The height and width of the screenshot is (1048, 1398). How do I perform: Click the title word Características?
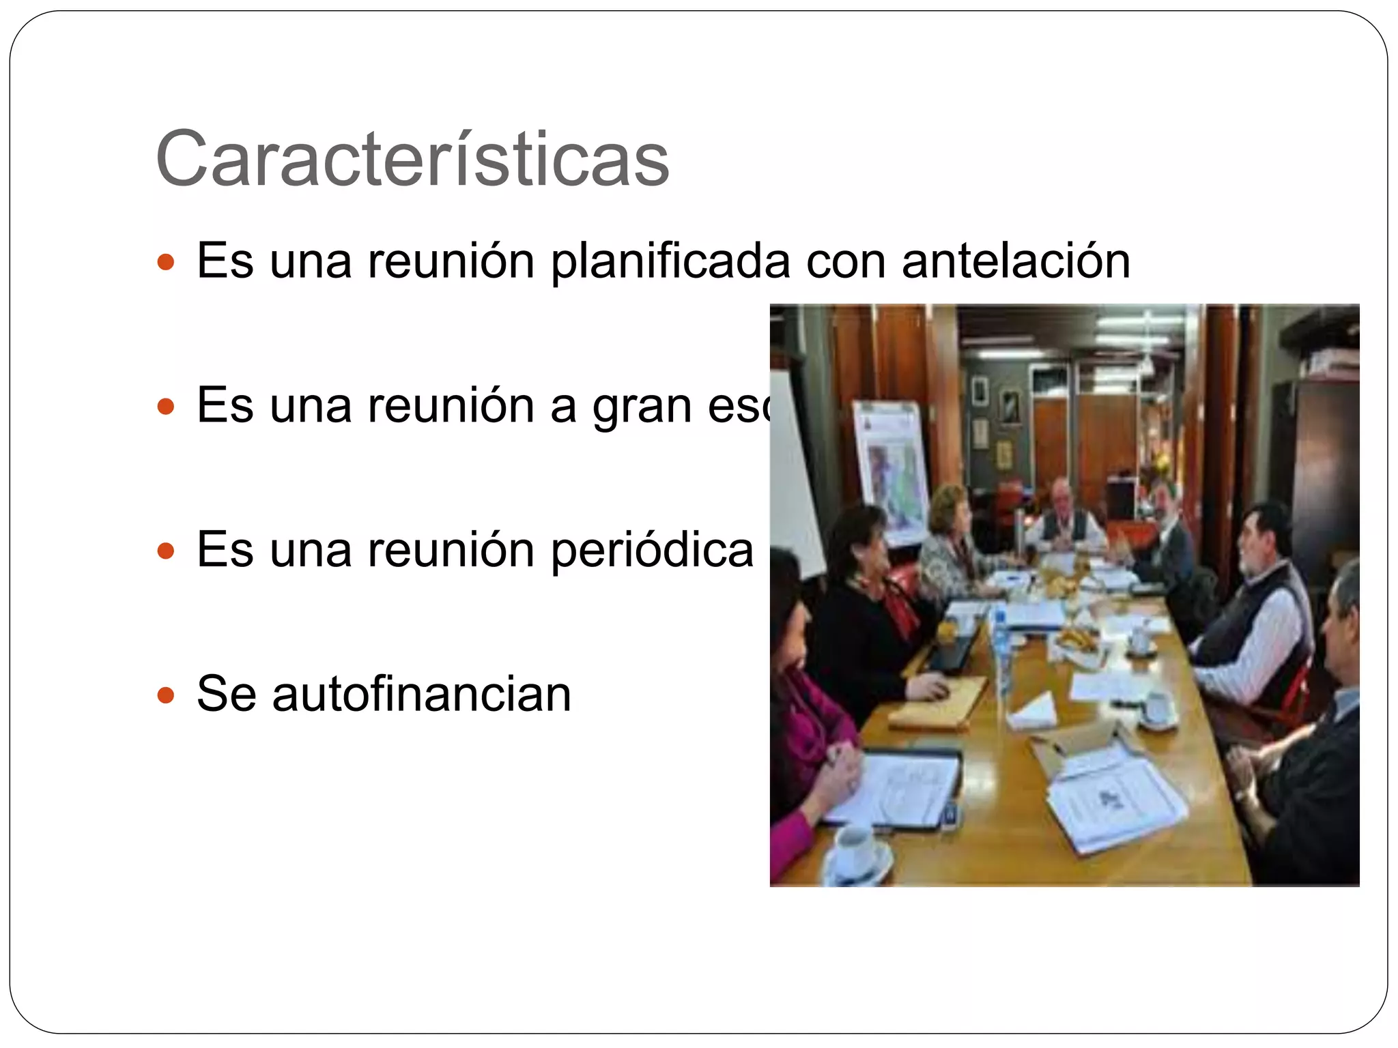click(412, 159)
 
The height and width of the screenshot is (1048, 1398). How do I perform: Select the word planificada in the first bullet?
click(670, 261)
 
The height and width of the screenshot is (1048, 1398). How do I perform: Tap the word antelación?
click(1016, 261)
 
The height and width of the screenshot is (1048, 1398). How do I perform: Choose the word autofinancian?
click(421, 695)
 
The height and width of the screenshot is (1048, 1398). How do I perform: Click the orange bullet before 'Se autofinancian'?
click(166, 696)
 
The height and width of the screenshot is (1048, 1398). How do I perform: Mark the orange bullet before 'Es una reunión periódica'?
click(166, 551)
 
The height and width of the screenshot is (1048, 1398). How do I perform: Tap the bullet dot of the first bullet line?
click(166, 261)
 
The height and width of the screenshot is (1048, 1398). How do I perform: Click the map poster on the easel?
click(891, 471)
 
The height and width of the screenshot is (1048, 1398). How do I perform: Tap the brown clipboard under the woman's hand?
click(939, 703)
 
